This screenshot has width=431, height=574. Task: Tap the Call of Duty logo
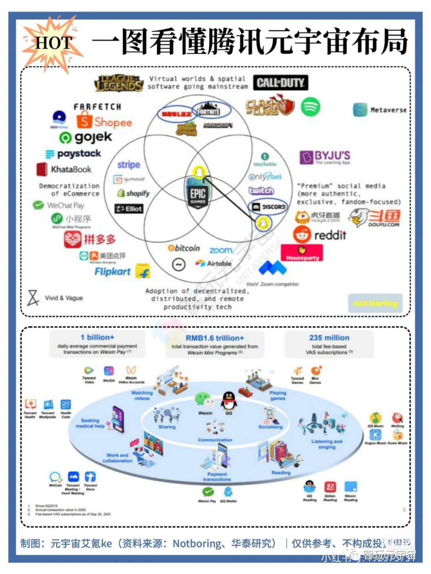(x=281, y=83)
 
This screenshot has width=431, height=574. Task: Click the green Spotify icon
(x=310, y=107)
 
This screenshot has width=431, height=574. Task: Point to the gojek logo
(x=86, y=138)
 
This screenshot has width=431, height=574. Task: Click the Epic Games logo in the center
(x=198, y=195)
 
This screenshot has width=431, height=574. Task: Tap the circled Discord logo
(x=268, y=207)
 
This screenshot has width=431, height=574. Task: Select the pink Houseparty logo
(x=302, y=253)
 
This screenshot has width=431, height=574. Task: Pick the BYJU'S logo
(x=325, y=157)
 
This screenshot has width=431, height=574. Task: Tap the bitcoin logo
(x=184, y=248)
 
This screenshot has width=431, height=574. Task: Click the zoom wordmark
(x=221, y=250)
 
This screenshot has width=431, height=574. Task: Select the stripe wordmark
(x=129, y=165)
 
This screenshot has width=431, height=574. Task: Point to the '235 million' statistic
(x=329, y=338)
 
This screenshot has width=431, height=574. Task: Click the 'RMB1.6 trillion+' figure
(x=215, y=338)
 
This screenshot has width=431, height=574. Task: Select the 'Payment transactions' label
(x=217, y=477)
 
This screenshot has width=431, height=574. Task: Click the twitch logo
(x=261, y=191)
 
